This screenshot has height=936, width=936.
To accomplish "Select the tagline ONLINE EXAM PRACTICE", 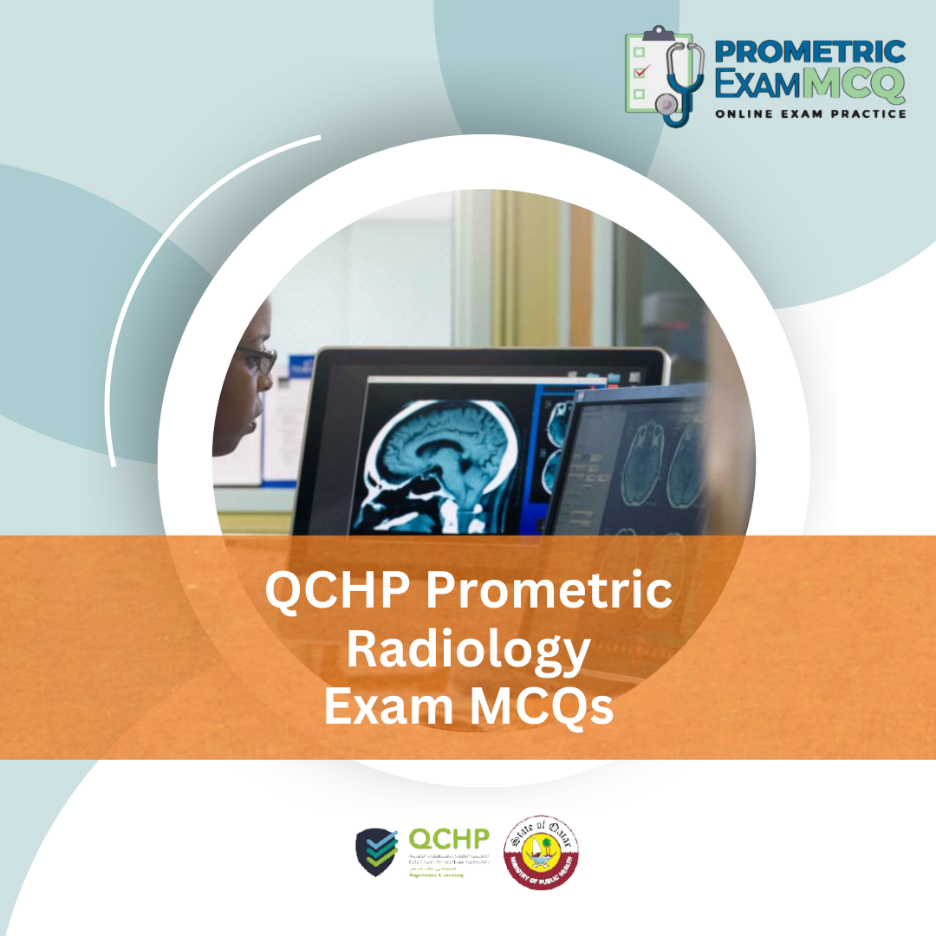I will (x=810, y=114).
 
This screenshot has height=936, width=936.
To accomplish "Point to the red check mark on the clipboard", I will (x=640, y=72).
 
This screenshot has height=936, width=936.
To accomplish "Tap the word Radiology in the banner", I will (x=468, y=649).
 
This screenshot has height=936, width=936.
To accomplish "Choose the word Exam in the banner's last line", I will (x=378, y=705).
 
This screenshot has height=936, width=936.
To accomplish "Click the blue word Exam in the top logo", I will (x=755, y=85).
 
